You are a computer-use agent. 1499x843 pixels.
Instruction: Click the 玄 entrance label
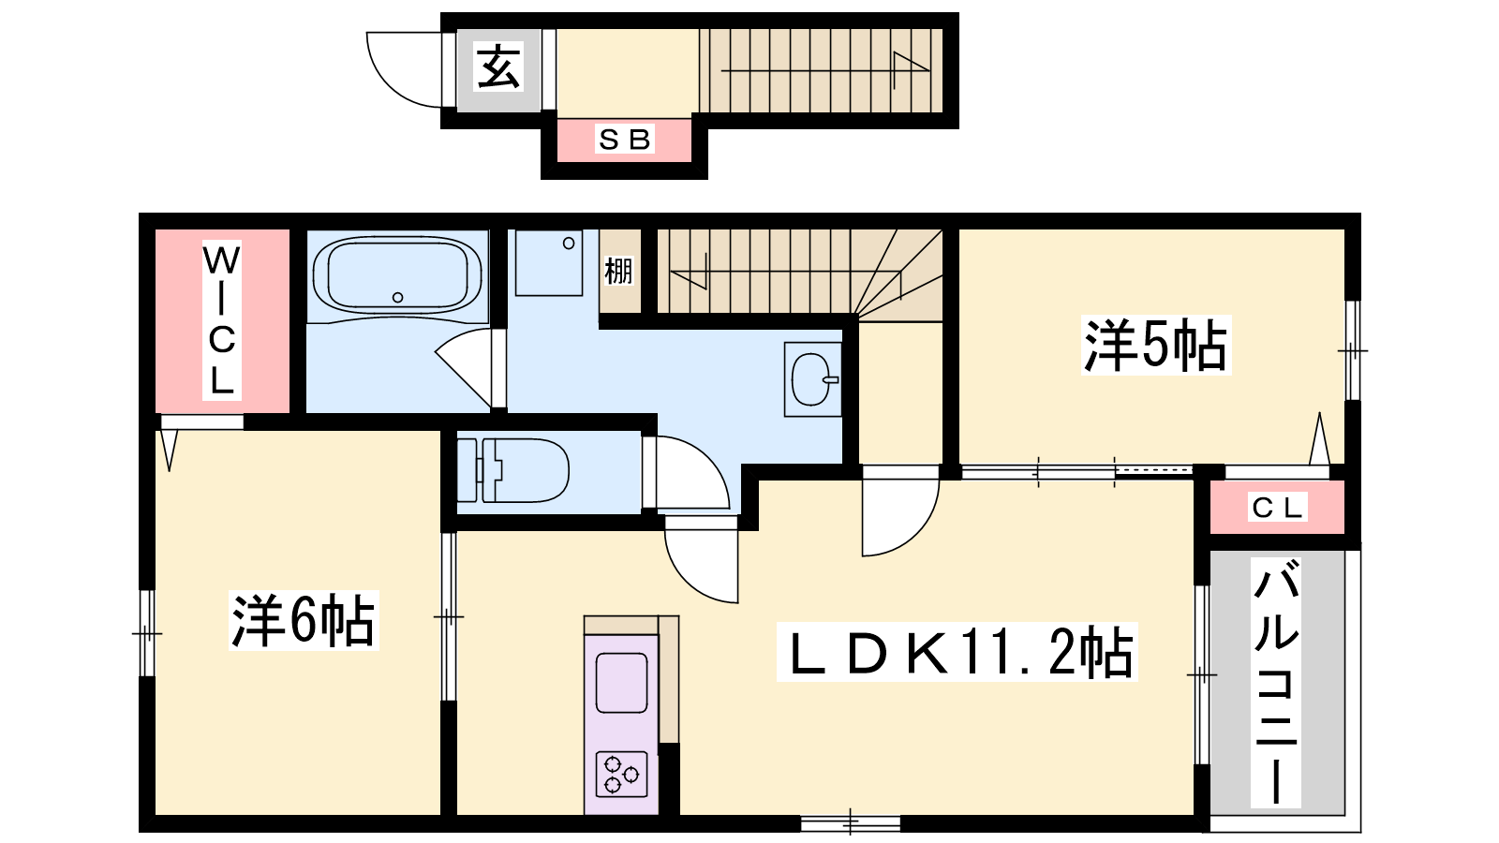click(x=497, y=67)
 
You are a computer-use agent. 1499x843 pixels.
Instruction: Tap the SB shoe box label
click(x=624, y=140)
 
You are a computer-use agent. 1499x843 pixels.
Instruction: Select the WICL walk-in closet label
click(x=221, y=320)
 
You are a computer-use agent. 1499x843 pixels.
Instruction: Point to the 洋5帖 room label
click(x=1156, y=346)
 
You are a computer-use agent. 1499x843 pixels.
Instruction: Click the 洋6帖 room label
click(x=304, y=620)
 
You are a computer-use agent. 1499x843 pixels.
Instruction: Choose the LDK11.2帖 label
click(x=957, y=652)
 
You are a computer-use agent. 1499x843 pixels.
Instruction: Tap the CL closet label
click(x=1277, y=508)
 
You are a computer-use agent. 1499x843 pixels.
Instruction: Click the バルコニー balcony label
click(x=1276, y=682)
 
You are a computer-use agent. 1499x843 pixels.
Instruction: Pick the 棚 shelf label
click(x=618, y=272)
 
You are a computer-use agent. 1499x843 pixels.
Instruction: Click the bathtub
click(x=397, y=274)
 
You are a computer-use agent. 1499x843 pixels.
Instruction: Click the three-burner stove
click(x=621, y=774)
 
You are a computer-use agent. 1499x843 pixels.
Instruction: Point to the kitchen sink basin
click(x=622, y=683)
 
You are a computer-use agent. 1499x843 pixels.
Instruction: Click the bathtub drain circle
click(x=397, y=297)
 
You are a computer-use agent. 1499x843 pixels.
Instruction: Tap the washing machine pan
click(x=549, y=262)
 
